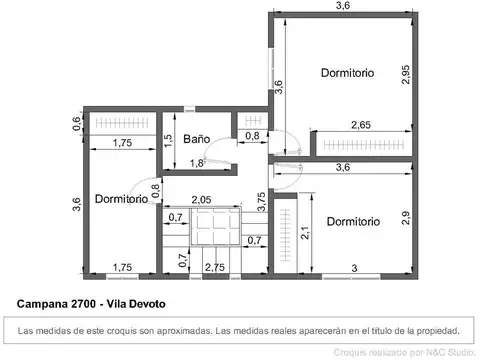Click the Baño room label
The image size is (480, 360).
click(x=196, y=140)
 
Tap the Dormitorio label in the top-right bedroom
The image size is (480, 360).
click(x=347, y=73)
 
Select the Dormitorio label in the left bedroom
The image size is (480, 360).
click(x=122, y=199)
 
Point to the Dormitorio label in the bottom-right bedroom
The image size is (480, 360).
click(x=353, y=221)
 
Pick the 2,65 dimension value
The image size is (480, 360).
click(x=363, y=125)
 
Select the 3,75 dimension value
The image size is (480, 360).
click(x=262, y=202)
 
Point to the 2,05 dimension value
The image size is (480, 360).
click(x=203, y=199)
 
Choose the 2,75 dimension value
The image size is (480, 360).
click(x=214, y=267)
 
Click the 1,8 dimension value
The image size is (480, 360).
click(x=197, y=163)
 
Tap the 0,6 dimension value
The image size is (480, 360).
click(x=76, y=124)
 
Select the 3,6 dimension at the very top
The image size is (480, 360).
click(x=343, y=6)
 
